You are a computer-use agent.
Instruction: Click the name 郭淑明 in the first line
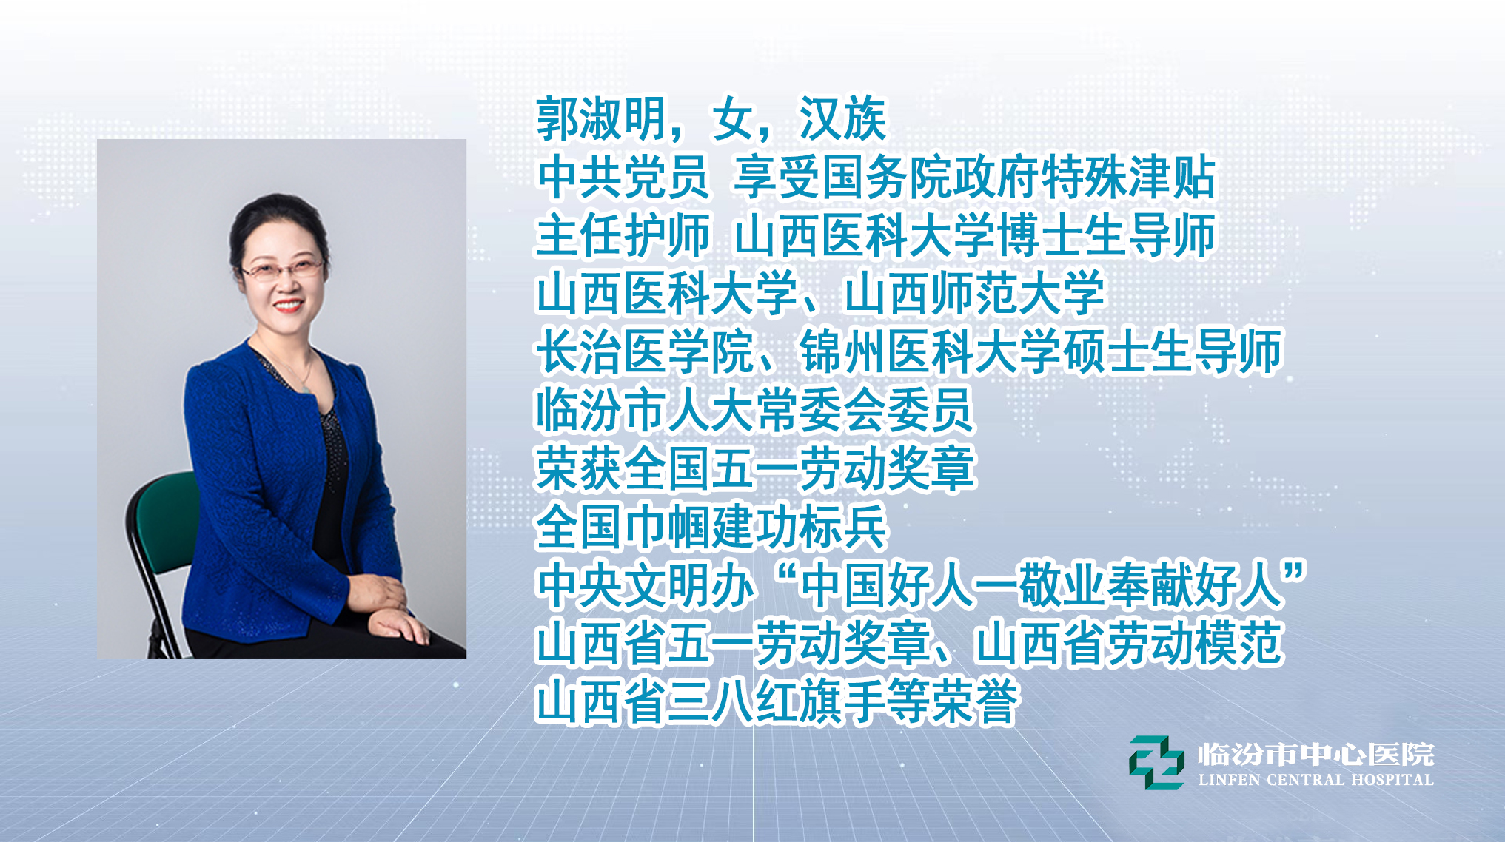point(600,118)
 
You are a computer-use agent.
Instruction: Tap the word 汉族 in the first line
point(842,118)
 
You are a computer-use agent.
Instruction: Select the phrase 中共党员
point(623,178)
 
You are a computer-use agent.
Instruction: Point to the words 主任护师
point(623,235)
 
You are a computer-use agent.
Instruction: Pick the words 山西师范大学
point(973,294)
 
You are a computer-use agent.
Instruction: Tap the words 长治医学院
point(644,352)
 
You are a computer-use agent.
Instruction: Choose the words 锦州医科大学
point(930,352)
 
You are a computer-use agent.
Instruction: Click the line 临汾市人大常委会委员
point(754,411)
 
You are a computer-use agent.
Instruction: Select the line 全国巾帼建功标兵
point(711,527)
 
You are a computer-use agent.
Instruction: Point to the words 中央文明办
point(644,585)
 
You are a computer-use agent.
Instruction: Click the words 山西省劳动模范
point(1128,644)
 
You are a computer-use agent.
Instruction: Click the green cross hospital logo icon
point(1156,763)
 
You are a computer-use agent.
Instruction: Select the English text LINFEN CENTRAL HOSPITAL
point(1316,780)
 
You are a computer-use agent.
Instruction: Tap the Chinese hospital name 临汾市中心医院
point(1316,755)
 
